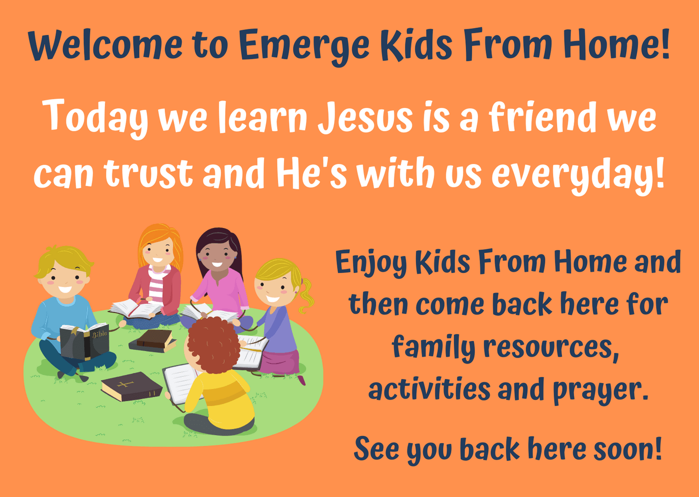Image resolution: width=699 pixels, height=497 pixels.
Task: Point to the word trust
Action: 149,173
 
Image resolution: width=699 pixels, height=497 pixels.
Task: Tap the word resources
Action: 551,347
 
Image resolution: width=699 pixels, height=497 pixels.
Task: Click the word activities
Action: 429,388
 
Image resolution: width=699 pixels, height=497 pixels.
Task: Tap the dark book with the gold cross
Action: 131,386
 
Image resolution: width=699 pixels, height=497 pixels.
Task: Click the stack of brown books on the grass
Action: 153,340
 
